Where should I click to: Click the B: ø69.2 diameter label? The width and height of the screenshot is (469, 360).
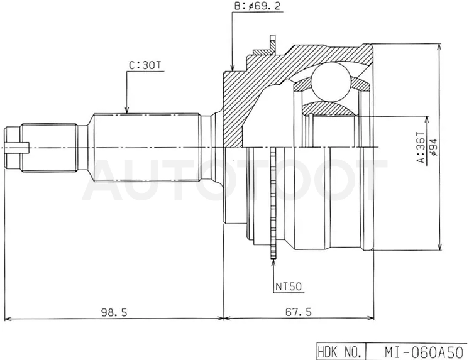(x=258, y=6)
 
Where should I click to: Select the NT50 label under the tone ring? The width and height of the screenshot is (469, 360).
(x=289, y=286)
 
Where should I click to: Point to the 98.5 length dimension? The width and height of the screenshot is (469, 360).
(x=114, y=312)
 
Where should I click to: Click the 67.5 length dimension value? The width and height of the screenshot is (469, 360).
(x=298, y=312)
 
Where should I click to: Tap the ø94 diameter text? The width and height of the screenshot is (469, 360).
(x=434, y=147)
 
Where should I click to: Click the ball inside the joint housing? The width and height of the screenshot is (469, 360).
(x=331, y=81)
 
